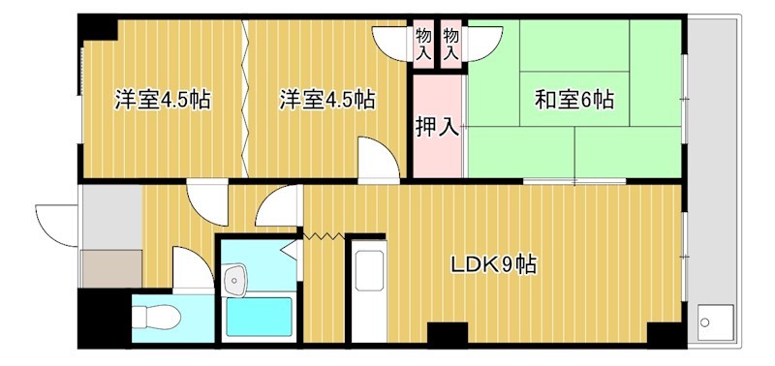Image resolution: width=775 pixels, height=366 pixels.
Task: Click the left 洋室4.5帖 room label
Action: [x=163, y=99]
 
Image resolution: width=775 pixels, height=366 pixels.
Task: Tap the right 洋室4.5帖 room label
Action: [x=327, y=99]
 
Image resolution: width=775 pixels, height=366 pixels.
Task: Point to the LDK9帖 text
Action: [x=493, y=263]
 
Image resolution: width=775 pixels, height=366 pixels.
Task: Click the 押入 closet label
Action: [x=437, y=126]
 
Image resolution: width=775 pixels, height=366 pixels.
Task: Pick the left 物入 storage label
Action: [x=424, y=46]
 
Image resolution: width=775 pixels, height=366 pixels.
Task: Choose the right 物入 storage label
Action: [x=450, y=46]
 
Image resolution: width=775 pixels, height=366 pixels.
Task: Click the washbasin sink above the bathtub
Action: [x=234, y=282]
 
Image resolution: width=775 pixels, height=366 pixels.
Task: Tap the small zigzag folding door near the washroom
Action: [x=324, y=233]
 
